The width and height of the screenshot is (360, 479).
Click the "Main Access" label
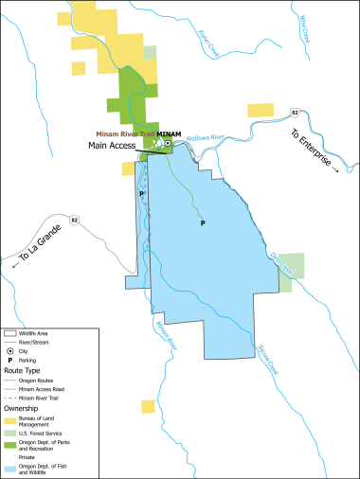(112, 146)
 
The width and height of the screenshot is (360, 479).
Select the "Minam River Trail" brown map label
(124, 134)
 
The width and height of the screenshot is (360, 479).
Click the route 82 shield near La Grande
(75, 220)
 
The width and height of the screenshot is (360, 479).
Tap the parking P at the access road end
(203, 224)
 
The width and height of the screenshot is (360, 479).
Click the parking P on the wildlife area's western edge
(142, 193)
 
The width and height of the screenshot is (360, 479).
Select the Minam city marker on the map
(168, 144)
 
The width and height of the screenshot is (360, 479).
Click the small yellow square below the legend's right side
(148, 406)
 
